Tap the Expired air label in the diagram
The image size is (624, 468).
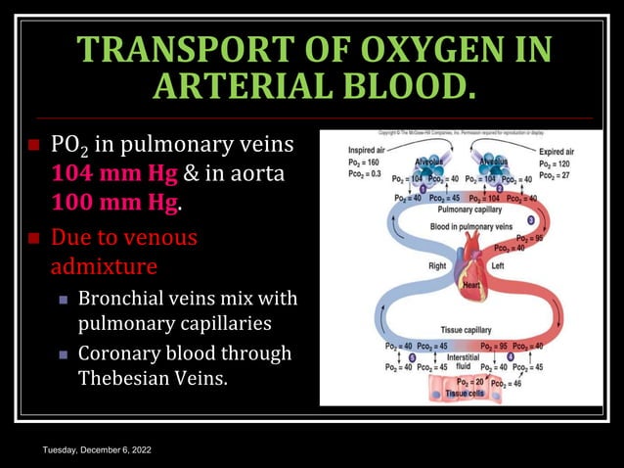point(559,151)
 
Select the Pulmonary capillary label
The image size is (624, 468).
point(469,210)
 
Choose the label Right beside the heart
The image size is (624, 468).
point(436,265)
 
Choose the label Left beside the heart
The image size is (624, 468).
point(498,265)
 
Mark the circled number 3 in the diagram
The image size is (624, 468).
point(531,221)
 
